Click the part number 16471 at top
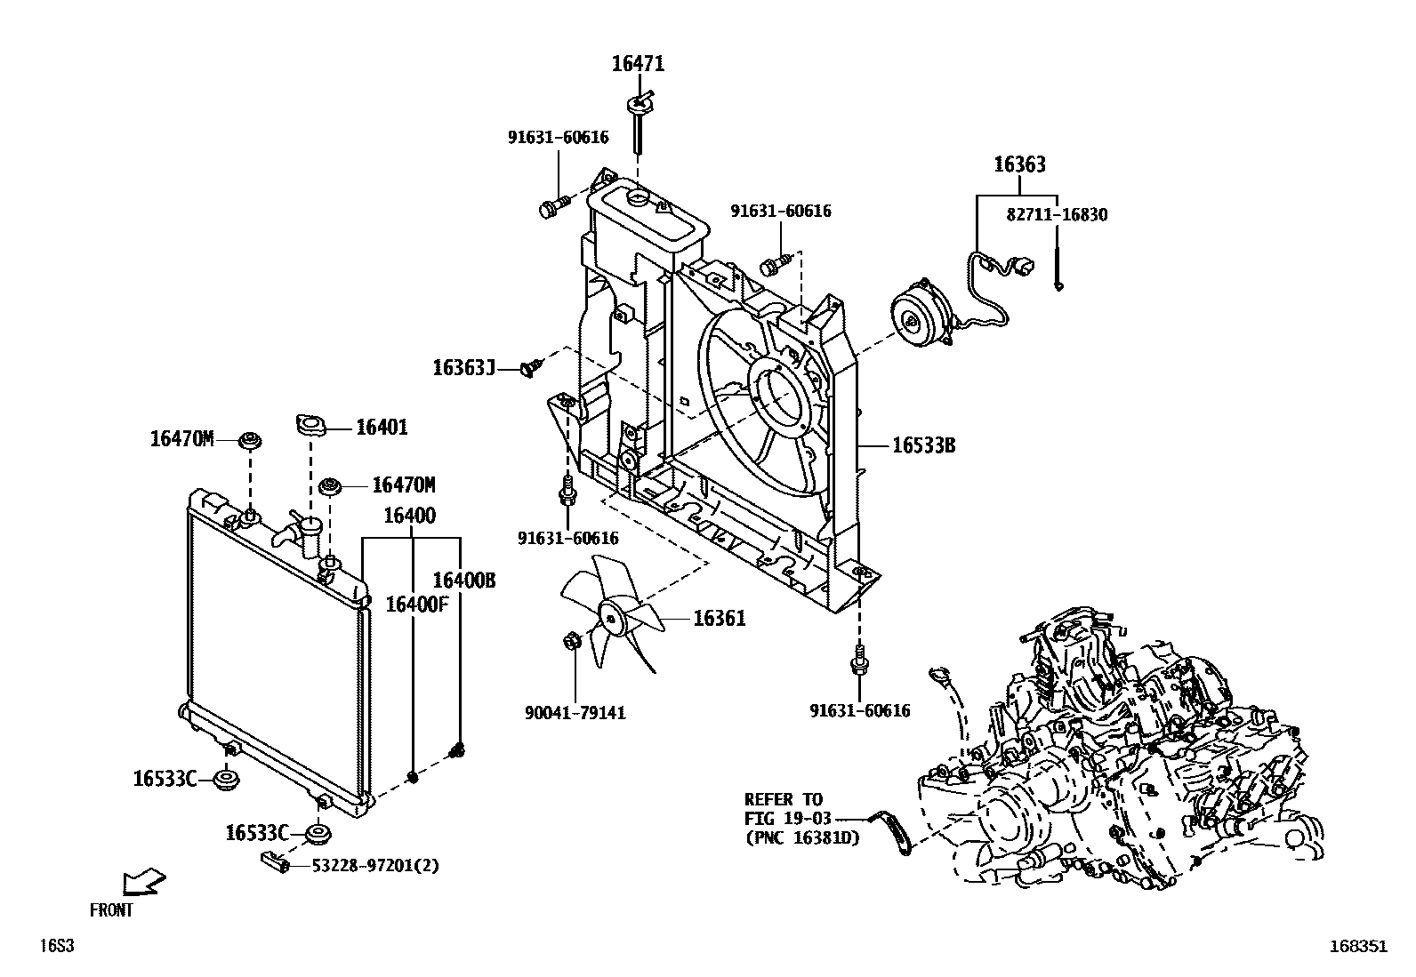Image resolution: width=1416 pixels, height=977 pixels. click(638, 64)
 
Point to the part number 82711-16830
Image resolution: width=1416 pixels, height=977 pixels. click(1057, 214)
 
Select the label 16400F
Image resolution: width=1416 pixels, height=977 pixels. click(416, 605)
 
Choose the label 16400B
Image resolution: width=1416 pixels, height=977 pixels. click(463, 581)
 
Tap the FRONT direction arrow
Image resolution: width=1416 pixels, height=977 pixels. click(143, 882)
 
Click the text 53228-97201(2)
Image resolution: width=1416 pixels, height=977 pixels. click(374, 865)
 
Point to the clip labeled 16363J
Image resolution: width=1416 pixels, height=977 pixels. click(531, 365)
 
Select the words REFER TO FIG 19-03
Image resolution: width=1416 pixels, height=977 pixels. click(784, 808)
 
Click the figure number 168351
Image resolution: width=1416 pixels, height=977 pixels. click(1358, 946)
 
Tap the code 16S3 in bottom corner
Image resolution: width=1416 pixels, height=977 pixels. click(55, 946)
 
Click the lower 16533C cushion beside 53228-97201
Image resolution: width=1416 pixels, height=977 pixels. click(318, 834)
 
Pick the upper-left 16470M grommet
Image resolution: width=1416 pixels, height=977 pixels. click(251, 440)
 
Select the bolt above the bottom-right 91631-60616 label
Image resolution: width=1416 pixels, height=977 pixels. click(859, 657)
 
